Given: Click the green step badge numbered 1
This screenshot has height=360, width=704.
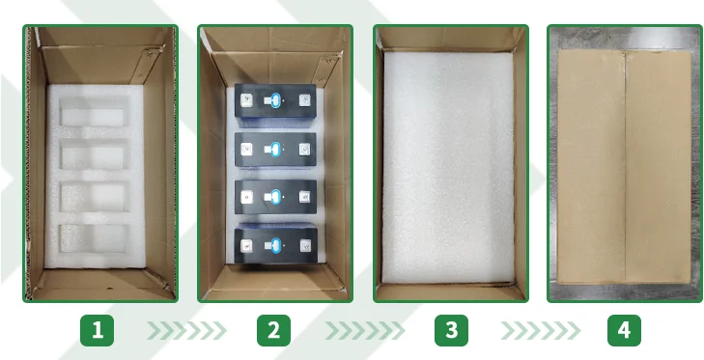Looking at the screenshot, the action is click(x=97, y=330).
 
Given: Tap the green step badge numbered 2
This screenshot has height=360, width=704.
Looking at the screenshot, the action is click(x=273, y=330).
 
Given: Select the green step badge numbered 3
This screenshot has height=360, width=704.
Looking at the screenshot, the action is click(x=451, y=330).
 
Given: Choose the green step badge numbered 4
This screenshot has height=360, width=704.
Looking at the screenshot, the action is click(x=624, y=330).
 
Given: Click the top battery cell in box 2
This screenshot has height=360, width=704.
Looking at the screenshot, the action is click(x=275, y=101).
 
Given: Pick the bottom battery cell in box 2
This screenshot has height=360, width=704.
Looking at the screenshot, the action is click(x=275, y=244).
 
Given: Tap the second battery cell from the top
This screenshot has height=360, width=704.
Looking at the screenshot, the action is click(x=275, y=150).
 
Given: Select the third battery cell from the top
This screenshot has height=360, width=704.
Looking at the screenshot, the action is click(x=275, y=197).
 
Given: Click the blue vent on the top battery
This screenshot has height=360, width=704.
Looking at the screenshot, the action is click(x=275, y=100).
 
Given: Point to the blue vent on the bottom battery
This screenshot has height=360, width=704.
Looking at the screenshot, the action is click(x=275, y=245).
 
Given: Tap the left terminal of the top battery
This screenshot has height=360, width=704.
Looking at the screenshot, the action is click(x=246, y=100).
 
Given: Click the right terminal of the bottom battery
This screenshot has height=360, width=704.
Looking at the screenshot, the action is click(x=305, y=245).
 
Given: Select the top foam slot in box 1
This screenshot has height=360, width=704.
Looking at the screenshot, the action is click(x=94, y=114).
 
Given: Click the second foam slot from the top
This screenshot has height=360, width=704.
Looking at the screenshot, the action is click(x=94, y=155).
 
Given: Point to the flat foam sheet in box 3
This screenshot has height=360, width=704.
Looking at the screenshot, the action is click(x=448, y=167).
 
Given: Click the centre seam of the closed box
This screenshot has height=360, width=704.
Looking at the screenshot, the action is click(x=625, y=167).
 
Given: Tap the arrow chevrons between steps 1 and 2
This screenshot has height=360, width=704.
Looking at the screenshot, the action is click(x=186, y=330).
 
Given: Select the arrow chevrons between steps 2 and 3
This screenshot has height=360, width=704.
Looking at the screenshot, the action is click(x=365, y=330).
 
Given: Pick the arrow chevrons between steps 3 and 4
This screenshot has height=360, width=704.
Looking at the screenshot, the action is click(x=541, y=330).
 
